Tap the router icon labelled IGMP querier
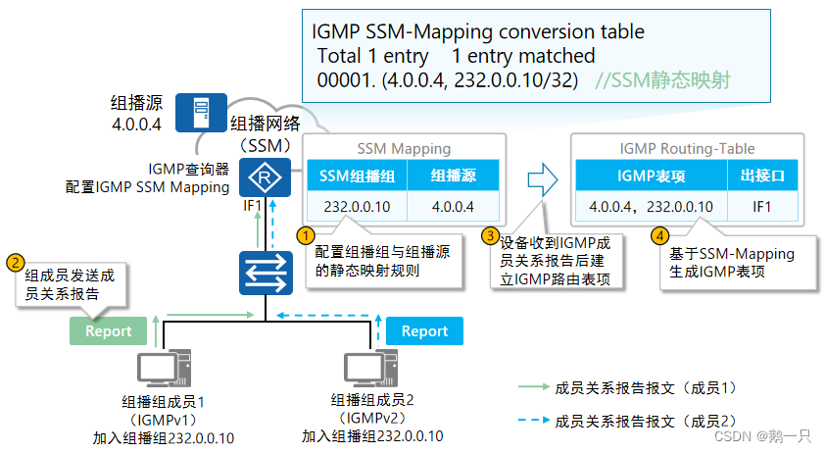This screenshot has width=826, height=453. pos(263,178)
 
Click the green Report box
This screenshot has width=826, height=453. pos(108,331)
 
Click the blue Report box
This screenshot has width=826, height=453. pos(424,331)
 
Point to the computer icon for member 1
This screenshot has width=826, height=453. pos(162,371)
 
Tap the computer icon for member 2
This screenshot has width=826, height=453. pos(371,371)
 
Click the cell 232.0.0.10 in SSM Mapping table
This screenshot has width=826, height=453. pos(356,207)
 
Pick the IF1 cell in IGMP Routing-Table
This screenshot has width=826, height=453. pos(762,207)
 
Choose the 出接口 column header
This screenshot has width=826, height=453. pos(762,177)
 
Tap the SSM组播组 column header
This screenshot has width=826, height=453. pos(356,177)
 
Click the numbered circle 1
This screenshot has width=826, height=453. pos(307,235)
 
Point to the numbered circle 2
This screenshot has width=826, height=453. pos(16,262)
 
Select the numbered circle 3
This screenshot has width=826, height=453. pos(490,235)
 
